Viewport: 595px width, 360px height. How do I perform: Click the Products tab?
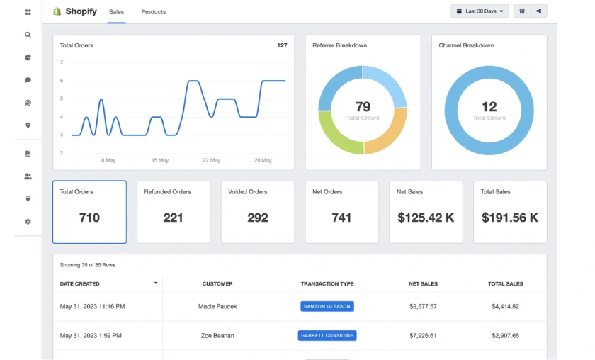click(x=154, y=12)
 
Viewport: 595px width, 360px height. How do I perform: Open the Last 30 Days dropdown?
click(x=480, y=11)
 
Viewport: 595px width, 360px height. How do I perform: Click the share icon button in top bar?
click(x=539, y=11)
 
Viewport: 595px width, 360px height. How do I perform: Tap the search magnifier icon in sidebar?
click(x=28, y=35)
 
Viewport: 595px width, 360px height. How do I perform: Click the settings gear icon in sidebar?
click(x=28, y=222)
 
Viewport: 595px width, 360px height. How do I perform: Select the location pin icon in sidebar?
click(x=28, y=125)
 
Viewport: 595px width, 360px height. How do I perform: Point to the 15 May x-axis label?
click(x=160, y=161)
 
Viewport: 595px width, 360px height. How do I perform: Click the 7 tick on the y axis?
click(x=62, y=62)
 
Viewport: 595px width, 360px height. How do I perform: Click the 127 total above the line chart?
click(x=282, y=46)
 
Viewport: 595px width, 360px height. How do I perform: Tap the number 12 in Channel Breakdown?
click(x=489, y=107)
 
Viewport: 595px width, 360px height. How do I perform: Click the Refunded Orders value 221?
click(x=174, y=218)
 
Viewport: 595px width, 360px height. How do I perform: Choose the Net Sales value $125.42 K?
click(x=426, y=218)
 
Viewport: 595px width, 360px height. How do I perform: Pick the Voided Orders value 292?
click(x=258, y=218)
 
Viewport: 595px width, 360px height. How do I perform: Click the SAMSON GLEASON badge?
click(x=327, y=307)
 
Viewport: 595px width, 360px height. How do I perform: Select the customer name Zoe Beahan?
click(x=217, y=336)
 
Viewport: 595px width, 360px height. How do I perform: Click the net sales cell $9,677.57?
click(x=423, y=307)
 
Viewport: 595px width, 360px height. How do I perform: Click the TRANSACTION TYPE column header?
click(x=327, y=284)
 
